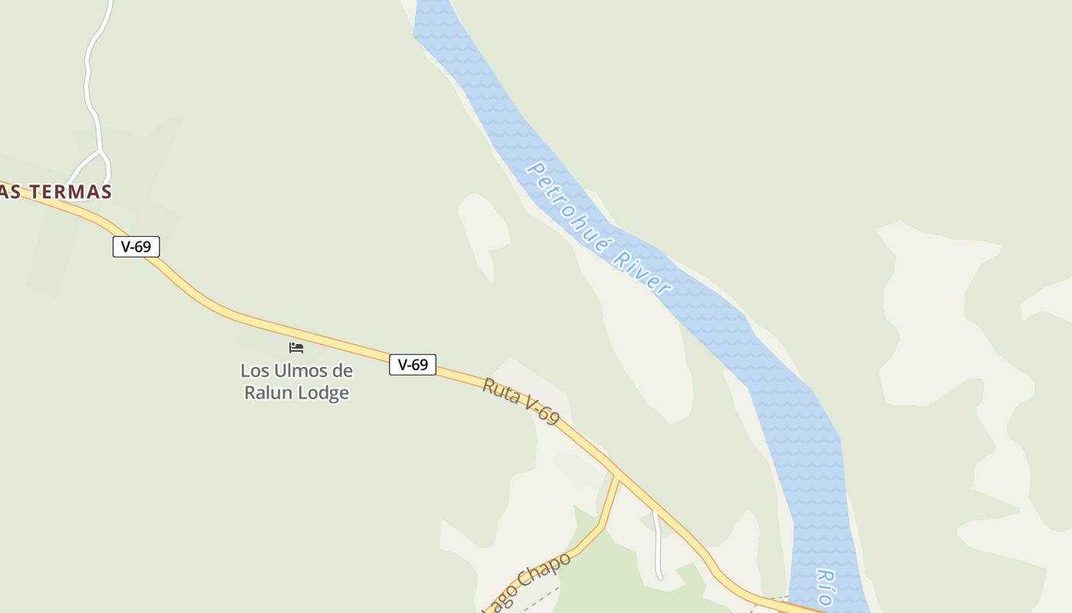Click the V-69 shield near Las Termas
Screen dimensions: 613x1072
(x=136, y=247)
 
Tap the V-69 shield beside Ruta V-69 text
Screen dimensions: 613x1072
(x=413, y=365)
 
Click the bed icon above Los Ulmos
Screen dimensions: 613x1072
(x=296, y=348)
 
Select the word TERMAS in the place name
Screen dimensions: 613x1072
(x=72, y=192)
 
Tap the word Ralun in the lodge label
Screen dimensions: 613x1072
(x=268, y=393)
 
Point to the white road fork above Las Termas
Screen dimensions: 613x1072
(x=100, y=152)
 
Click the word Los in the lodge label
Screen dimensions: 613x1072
(x=255, y=371)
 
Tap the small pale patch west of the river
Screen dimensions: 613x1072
(x=482, y=230)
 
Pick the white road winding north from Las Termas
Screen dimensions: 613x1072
(x=90, y=77)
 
